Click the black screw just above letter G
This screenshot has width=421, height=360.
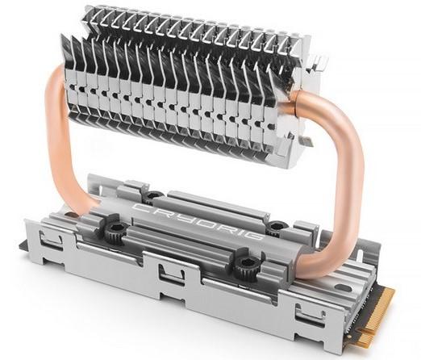point(277,227)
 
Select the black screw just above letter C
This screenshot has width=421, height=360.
point(153,196)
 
